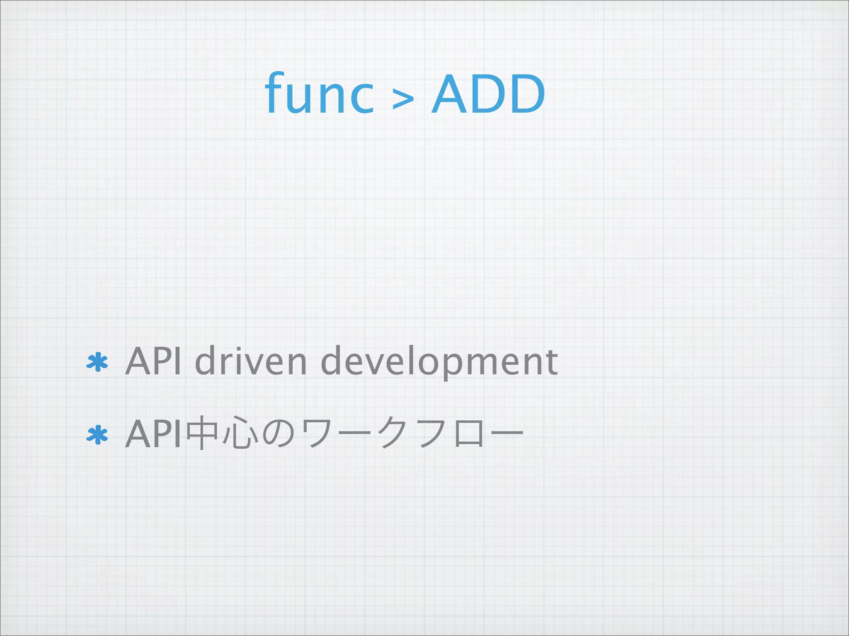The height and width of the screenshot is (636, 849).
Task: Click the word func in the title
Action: pos(319,94)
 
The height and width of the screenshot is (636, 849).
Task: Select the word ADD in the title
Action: pos(488,94)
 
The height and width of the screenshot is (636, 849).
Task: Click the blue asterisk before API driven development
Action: pos(97,362)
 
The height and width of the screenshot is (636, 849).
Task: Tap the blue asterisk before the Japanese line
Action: pos(97,435)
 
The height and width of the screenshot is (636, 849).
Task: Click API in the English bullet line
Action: pos(153,361)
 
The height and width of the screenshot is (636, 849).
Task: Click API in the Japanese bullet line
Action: pos(153,434)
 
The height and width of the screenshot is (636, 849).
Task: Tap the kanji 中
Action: pos(202,434)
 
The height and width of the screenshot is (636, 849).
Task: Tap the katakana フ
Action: pos(432,434)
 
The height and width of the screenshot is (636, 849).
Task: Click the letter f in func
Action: pos(275,93)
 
